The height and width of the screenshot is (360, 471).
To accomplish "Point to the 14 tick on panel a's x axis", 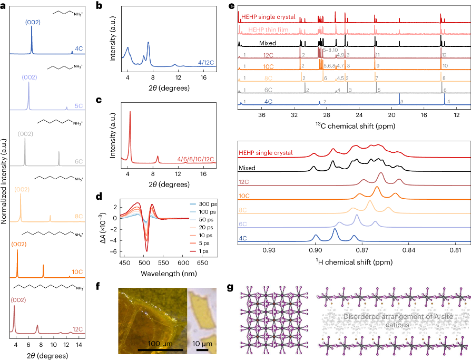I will (x=78, y=345).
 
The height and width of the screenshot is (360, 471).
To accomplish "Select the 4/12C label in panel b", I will (x=206, y=63).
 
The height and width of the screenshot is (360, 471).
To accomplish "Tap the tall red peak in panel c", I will (x=130, y=112).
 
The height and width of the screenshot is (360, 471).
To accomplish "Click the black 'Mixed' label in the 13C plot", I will (x=267, y=42).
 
